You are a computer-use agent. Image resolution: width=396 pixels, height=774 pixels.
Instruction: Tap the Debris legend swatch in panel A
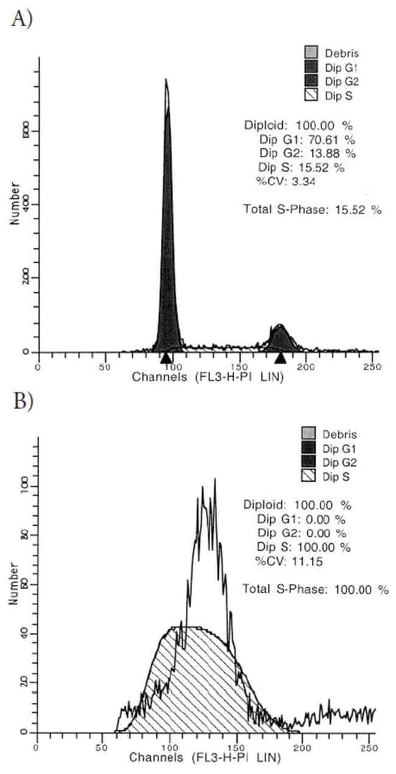click(x=311, y=53)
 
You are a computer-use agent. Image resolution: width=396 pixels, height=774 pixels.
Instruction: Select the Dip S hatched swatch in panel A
click(x=311, y=95)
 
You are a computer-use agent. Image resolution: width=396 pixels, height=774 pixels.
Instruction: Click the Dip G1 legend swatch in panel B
click(x=309, y=449)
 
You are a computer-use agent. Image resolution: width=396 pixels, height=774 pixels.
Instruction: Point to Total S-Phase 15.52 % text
click(x=312, y=209)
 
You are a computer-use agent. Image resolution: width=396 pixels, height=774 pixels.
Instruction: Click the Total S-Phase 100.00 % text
click(x=315, y=589)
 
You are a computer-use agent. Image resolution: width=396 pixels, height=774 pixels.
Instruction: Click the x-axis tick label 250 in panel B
click(x=368, y=747)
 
